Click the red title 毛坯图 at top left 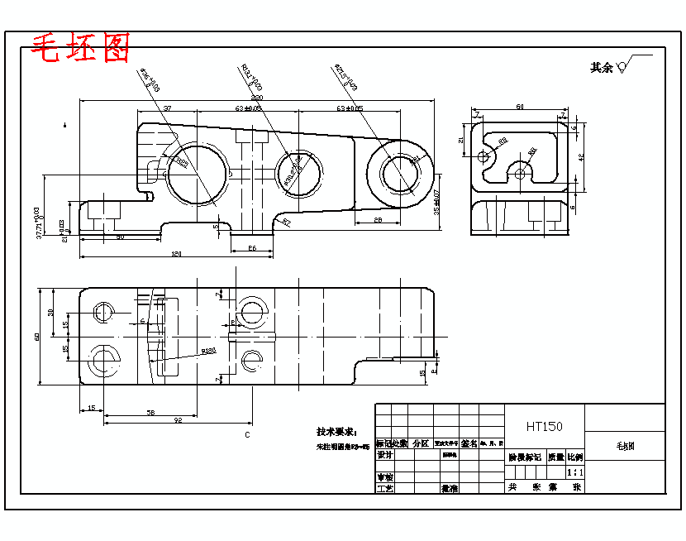80,50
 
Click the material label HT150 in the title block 544,427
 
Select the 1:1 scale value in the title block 575,472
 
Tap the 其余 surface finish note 602,68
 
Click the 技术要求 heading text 336,432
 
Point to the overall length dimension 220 257,98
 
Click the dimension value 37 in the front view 167,108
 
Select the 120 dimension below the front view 175,254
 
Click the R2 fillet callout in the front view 287,222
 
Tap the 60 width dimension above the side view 520,107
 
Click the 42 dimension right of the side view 581,156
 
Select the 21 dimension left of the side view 461,141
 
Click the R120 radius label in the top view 208,351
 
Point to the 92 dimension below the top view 177,420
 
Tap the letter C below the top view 246,434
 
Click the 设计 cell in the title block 384,454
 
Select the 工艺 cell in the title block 384,488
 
